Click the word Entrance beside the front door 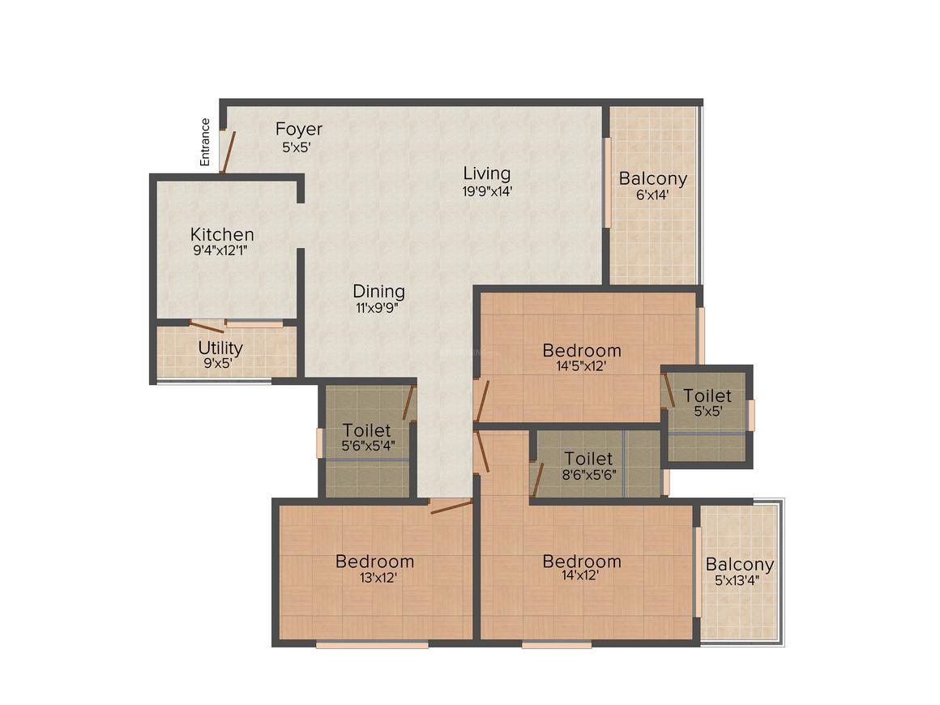click(x=205, y=142)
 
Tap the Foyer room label click(x=298, y=129)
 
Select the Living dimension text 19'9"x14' click(x=487, y=191)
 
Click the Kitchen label click(x=222, y=234)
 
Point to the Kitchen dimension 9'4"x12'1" click(x=220, y=250)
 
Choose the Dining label click(x=379, y=292)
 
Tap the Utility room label click(x=220, y=348)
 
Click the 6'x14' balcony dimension click(x=652, y=194)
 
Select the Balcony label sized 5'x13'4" click(x=739, y=565)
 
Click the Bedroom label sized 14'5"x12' click(x=582, y=350)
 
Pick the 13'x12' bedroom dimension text click(x=378, y=578)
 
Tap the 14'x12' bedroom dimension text click(x=580, y=575)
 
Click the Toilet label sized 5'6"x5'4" click(x=366, y=429)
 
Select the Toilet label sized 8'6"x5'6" click(x=588, y=459)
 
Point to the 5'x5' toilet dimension click(x=708, y=412)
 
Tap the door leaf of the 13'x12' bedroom click(x=451, y=507)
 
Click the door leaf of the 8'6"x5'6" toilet click(x=538, y=481)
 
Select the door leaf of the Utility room click(x=207, y=327)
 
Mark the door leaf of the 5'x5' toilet click(x=669, y=390)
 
